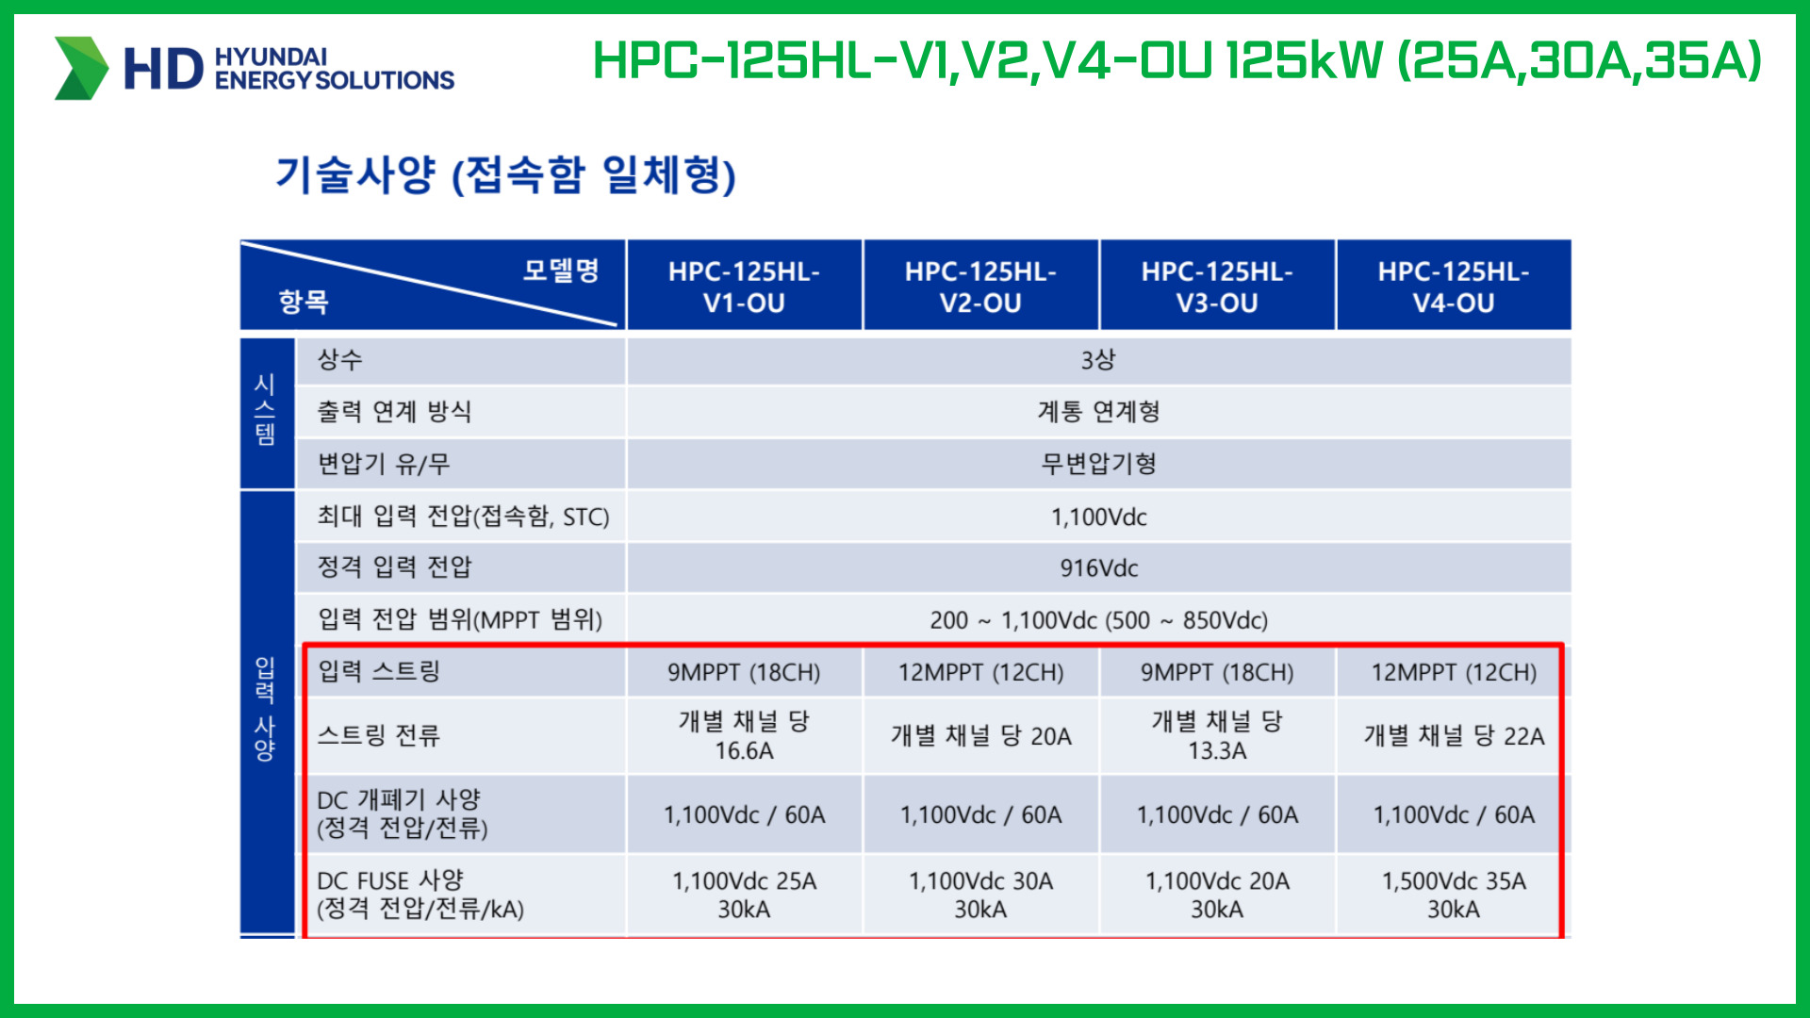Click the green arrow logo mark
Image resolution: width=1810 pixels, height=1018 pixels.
[82, 68]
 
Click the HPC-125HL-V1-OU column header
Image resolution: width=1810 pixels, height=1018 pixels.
[745, 287]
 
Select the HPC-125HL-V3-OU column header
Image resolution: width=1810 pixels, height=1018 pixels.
[1217, 287]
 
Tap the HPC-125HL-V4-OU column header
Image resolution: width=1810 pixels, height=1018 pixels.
[1454, 287]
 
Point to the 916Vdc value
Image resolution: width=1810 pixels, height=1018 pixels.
[1099, 568]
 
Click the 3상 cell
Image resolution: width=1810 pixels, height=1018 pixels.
[1099, 359]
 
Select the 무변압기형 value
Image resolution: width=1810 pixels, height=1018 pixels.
[1099, 464]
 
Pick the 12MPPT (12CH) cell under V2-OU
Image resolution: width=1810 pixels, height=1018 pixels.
[980, 672]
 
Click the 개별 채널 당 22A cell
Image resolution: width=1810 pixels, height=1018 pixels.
[1454, 736]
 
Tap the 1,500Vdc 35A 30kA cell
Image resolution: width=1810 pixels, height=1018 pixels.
[1454, 895]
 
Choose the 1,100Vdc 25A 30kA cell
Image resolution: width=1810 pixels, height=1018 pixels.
[745, 895]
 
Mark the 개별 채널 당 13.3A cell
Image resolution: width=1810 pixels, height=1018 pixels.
[1217, 735]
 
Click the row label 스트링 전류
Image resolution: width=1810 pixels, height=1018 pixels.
[378, 735]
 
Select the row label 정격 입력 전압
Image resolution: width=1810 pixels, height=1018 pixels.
[394, 566]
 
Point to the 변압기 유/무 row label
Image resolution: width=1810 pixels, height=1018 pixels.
[384, 464]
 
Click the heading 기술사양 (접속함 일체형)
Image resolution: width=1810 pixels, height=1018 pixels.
[505, 174]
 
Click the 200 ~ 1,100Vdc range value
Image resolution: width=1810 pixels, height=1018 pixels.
[1013, 620]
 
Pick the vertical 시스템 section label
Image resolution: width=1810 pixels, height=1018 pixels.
[266, 410]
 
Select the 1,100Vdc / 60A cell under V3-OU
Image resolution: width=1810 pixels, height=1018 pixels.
[1217, 815]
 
